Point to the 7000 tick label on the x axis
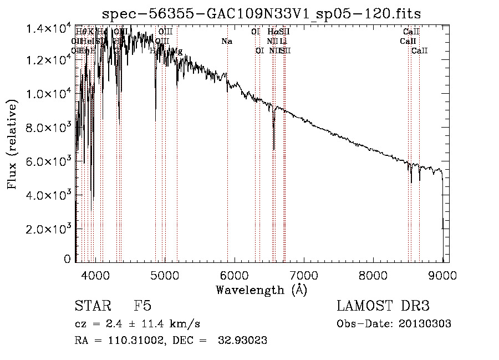tap(304, 275)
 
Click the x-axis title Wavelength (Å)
tap(261, 289)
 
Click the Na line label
tap(227, 42)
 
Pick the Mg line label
tap(177, 51)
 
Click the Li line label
tap(283, 42)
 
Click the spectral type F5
tap(142, 306)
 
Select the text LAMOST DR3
tap(383, 306)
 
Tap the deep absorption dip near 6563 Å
tap(274, 145)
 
